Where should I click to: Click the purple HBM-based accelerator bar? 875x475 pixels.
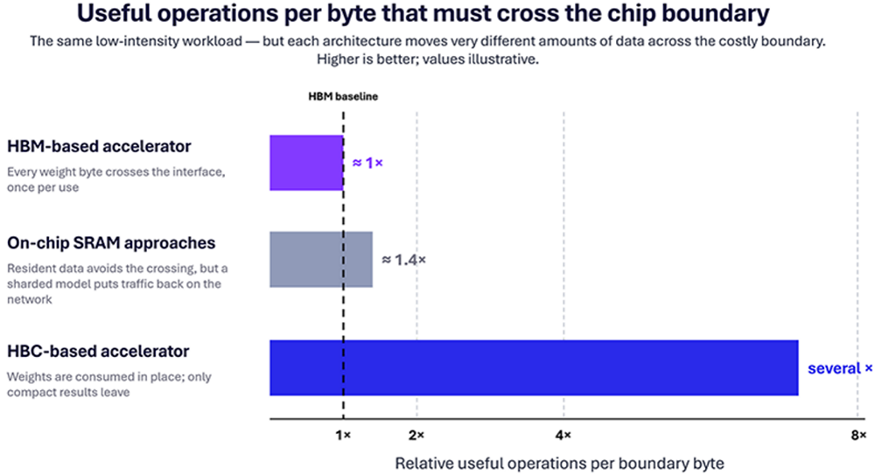(x=306, y=163)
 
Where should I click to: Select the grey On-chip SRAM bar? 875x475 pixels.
(x=321, y=260)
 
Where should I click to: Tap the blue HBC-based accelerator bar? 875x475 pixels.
(x=534, y=367)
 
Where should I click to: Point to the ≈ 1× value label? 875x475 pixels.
(x=367, y=163)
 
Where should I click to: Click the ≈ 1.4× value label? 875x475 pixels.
(x=403, y=260)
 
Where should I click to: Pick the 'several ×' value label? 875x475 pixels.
(x=840, y=368)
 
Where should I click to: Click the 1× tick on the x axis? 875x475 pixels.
(x=343, y=436)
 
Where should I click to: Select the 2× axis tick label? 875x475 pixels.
(x=416, y=436)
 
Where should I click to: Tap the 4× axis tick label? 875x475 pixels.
(x=563, y=436)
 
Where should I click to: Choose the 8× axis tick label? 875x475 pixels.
(x=858, y=436)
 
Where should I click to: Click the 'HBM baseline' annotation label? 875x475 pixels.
(x=343, y=96)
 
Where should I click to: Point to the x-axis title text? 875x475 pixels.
(x=560, y=464)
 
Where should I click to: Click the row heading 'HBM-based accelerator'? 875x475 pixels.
(x=99, y=146)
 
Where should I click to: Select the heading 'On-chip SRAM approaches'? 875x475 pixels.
(x=111, y=243)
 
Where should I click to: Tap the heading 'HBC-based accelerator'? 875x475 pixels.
(x=98, y=351)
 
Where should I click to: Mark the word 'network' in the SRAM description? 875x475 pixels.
(x=30, y=300)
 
